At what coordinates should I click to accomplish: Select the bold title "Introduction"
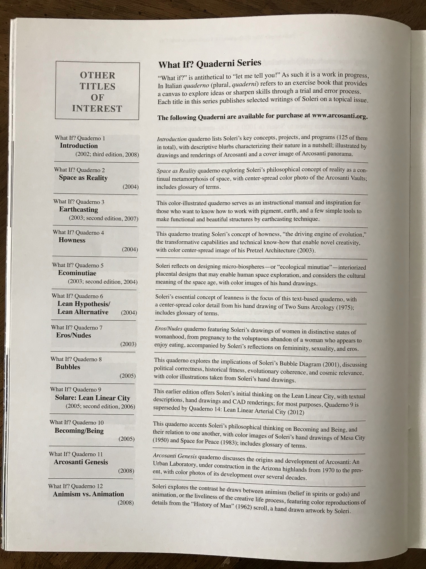(79, 146)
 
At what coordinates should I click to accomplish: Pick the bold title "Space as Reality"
(83, 178)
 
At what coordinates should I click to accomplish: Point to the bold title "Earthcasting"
(79, 210)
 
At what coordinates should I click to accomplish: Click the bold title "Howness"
(72, 240)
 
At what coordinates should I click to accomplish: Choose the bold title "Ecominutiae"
(77, 273)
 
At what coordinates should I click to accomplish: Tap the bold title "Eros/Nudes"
(73, 335)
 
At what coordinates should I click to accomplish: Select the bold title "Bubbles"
(68, 367)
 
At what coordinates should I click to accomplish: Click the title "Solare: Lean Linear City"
(92, 398)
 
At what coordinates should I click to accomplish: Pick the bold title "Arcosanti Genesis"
(81, 462)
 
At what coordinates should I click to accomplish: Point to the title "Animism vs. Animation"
(88, 494)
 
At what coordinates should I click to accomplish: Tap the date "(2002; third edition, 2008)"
(107, 155)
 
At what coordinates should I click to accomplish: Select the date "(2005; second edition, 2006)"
(100, 407)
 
